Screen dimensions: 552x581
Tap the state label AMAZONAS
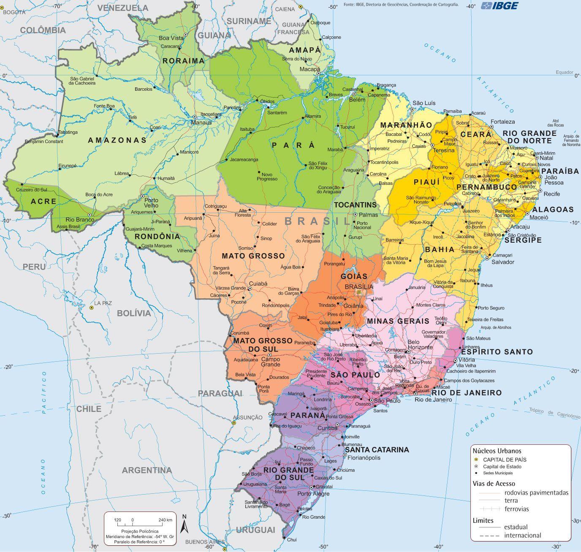pos(117,140)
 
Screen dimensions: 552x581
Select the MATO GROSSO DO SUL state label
pos(263,345)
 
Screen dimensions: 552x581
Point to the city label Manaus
pos(201,123)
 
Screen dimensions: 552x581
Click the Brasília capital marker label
pos(359,287)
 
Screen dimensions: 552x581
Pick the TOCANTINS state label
pos(355,205)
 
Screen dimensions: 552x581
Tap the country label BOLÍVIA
pos(134,313)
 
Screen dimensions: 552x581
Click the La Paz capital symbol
pos(92,308)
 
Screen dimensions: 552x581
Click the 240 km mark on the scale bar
pos(165,520)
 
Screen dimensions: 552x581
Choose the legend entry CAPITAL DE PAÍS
pos(505,460)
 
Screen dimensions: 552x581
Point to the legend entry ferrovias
pos(516,509)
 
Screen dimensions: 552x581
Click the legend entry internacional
pos(522,535)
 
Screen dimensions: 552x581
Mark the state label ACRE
pos(44,201)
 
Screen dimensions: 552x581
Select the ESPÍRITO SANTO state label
pos(497,352)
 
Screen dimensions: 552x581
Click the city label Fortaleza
pos(502,122)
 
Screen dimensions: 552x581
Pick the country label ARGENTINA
pos(147,470)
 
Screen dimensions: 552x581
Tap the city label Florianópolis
pos(363,457)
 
